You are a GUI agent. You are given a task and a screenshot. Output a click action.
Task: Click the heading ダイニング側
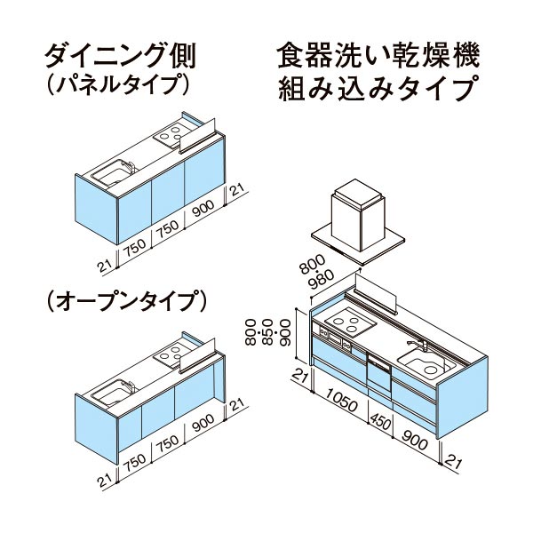click(x=121, y=56)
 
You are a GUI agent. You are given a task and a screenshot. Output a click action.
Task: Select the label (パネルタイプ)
click(x=116, y=84)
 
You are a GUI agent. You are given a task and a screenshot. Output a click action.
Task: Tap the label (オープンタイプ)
click(x=126, y=300)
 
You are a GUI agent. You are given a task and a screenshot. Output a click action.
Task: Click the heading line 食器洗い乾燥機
click(x=378, y=54)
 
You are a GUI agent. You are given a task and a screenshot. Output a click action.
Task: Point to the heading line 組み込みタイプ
click(x=377, y=88)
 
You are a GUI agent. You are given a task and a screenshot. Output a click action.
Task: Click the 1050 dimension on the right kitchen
click(x=341, y=401)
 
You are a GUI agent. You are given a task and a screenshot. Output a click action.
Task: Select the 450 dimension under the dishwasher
click(x=381, y=421)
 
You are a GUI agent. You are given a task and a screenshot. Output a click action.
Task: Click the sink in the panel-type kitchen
click(x=113, y=172)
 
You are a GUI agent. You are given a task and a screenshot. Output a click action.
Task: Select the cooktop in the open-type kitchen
click(x=172, y=354)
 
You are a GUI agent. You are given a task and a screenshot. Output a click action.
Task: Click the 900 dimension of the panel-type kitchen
click(x=203, y=209)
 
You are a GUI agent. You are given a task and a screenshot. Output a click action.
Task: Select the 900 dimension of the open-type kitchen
click(x=203, y=422)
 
